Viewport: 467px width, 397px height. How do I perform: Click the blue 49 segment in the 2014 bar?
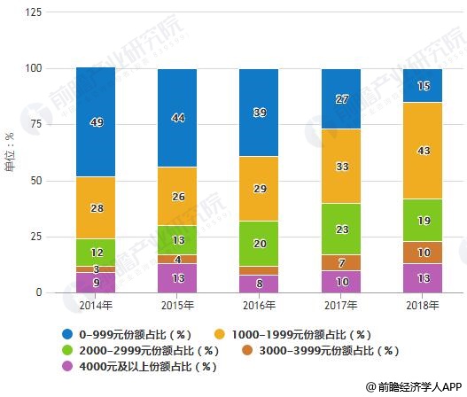click(96, 122)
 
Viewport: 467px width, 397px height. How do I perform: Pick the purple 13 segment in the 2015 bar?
click(177, 278)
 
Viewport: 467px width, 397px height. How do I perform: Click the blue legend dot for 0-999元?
click(67, 333)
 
